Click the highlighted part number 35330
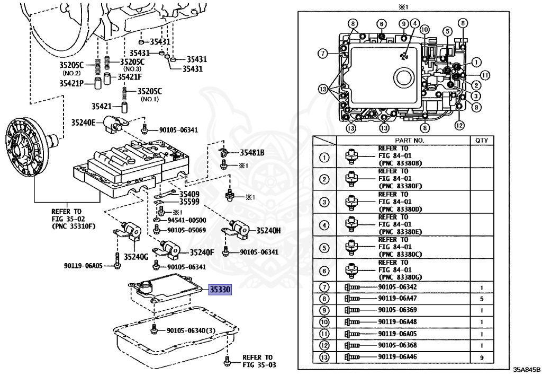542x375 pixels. (220, 291)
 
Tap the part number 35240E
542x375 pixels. (84, 123)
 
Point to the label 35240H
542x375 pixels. (268, 230)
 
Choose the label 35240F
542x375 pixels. (202, 252)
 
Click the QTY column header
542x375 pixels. (482, 141)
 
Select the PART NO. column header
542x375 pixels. (403, 141)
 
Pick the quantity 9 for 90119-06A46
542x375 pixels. (482, 358)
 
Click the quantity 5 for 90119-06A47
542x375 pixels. (482, 299)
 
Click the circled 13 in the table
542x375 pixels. (324, 358)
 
